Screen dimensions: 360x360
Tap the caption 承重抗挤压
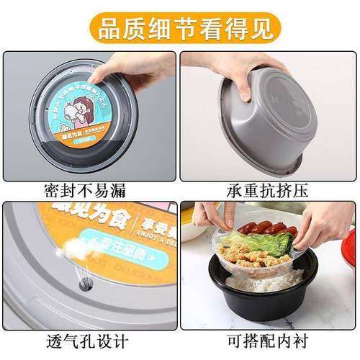[x=269, y=190]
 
